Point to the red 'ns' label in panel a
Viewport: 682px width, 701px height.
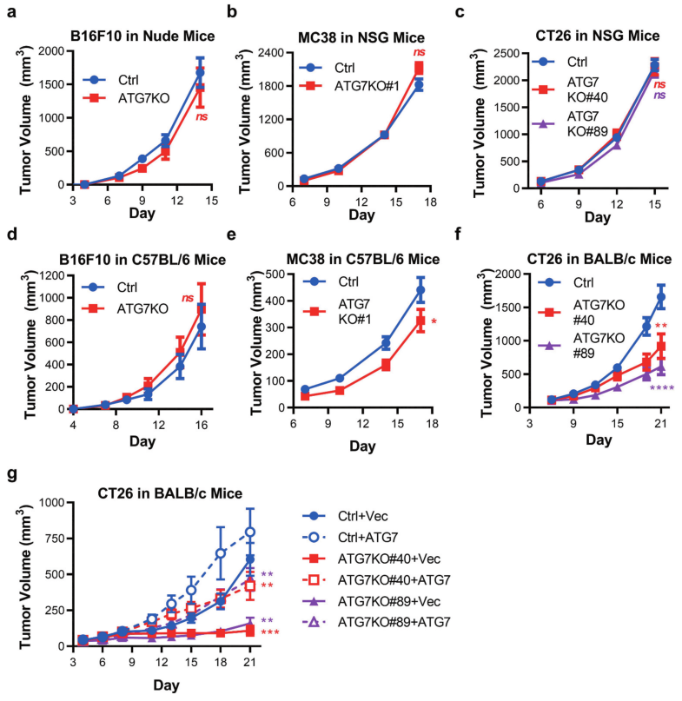[202, 117]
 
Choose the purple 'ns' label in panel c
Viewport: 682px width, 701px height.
[659, 96]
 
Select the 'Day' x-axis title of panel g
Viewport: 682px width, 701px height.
[140, 685]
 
